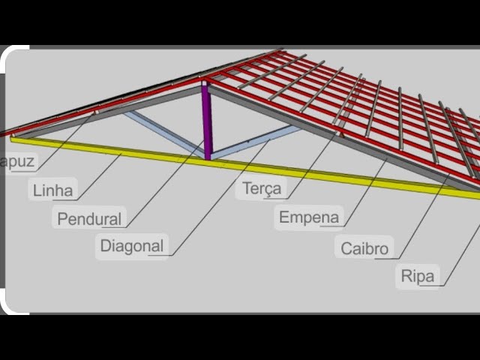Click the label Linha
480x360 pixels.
pyautogui.click(x=53, y=190)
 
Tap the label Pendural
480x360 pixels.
pyautogui.click(x=89, y=218)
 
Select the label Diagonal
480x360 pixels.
pyautogui.click(x=131, y=244)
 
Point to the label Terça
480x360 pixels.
pyautogui.click(x=262, y=188)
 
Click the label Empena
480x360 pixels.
pyautogui.click(x=309, y=217)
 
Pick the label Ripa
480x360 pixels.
pyautogui.click(x=418, y=276)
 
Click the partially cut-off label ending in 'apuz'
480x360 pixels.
pyautogui.click(x=18, y=161)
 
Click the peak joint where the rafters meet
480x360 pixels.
pyautogui.click(x=205, y=79)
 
